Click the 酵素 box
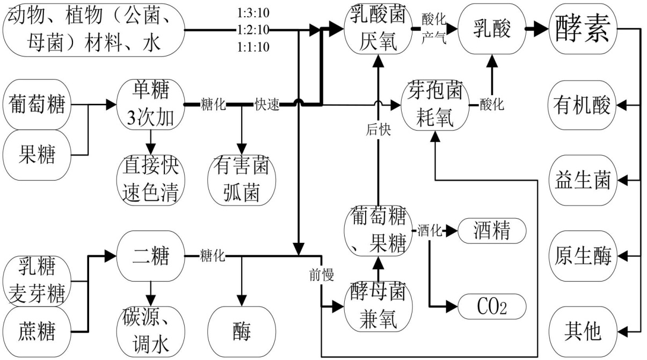[x=581, y=29]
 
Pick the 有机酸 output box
[x=581, y=105]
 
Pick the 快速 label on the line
[x=267, y=105]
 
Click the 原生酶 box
[x=581, y=256]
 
